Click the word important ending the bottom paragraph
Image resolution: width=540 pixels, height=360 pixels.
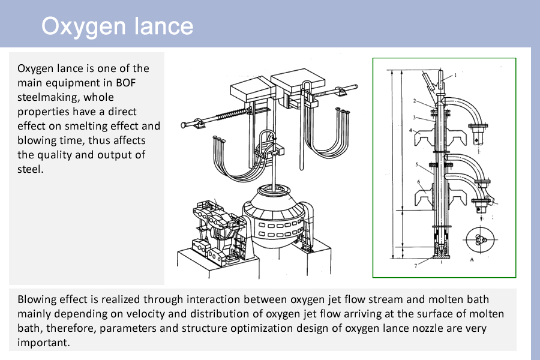pos(43,343)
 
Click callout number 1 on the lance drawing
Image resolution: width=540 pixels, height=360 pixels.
pos(455,75)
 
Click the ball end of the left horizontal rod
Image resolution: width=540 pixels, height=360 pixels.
pos(183,126)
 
